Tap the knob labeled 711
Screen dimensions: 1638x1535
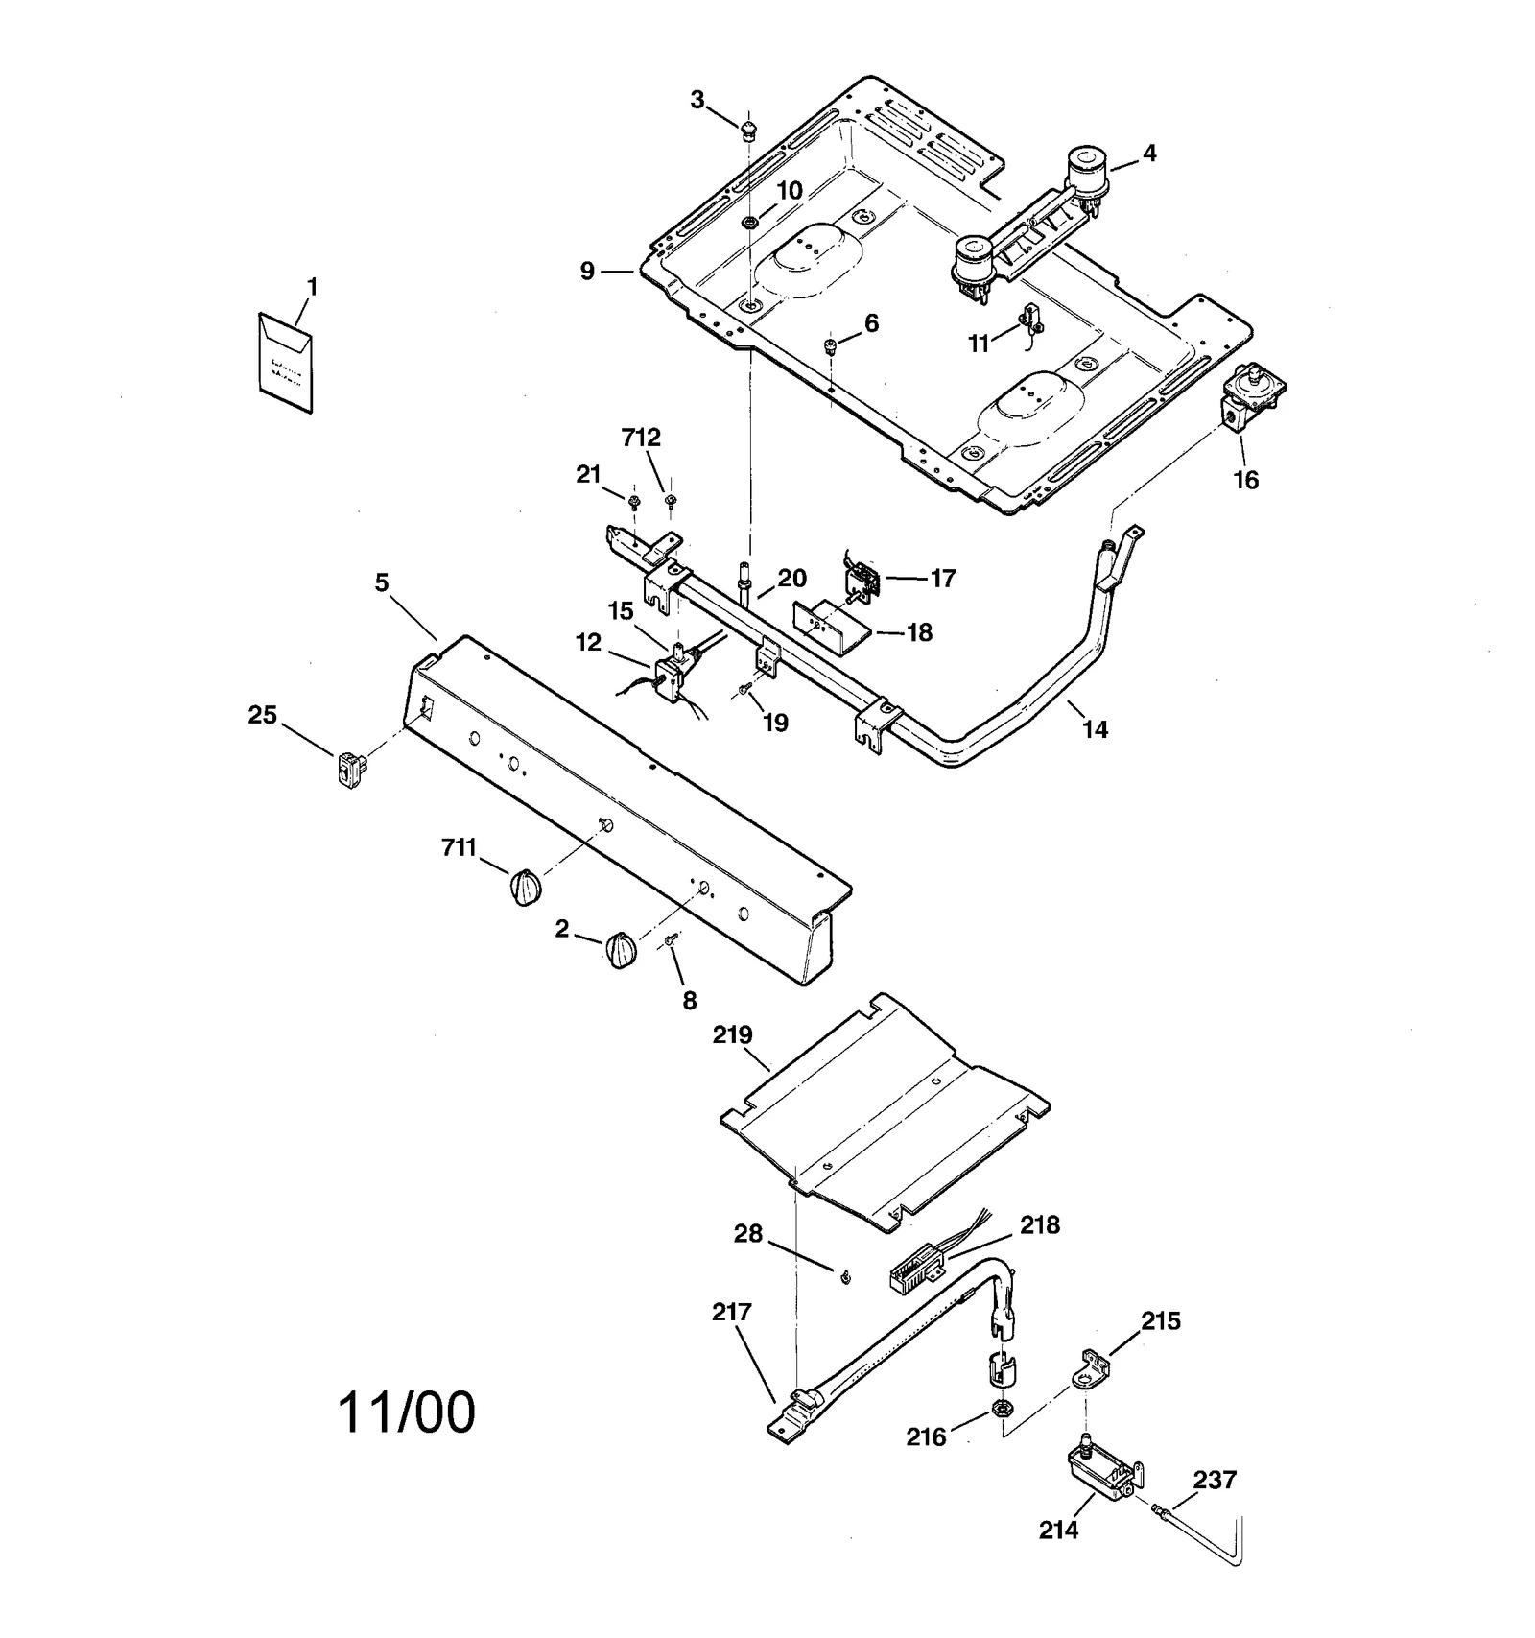tap(524, 886)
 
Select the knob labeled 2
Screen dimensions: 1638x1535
tap(621, 950)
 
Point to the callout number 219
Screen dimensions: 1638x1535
tap(733, 1035)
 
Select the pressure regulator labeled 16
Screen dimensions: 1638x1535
tap(1251, 397)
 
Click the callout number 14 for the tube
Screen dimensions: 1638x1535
tap(1095, 729)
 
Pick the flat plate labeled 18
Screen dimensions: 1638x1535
tap(830, 625)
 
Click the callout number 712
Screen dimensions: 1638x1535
tap(641, 438)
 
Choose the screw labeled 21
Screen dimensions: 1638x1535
tap(633, 501)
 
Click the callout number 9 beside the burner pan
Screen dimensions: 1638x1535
tap(588, 272)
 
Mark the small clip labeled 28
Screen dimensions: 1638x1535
tap(844, 1275)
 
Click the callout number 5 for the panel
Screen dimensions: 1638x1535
tap(382, 582)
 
